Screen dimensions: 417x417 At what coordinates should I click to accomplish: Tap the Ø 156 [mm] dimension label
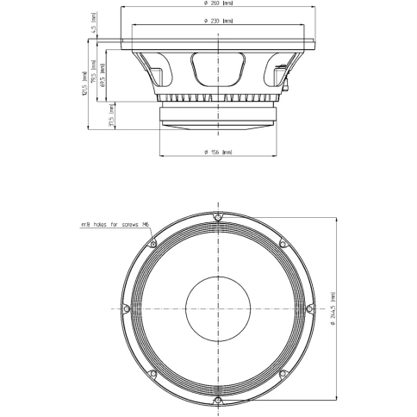click(219, 152)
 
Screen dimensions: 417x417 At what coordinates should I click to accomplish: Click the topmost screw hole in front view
click(218, 215)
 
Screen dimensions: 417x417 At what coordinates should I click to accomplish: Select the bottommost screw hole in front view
click(218, 401)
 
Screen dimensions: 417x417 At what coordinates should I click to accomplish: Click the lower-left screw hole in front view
click(152, 373)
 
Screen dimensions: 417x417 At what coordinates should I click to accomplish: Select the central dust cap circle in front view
click(218, 308)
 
